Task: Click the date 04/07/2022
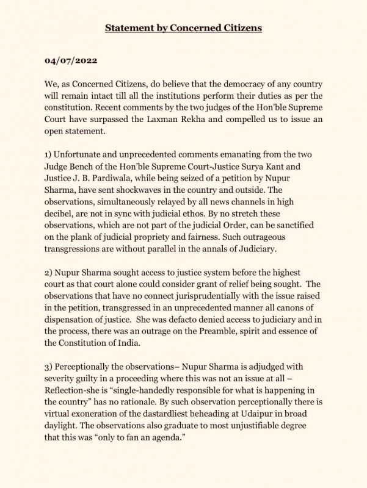(x=69, y=62)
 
